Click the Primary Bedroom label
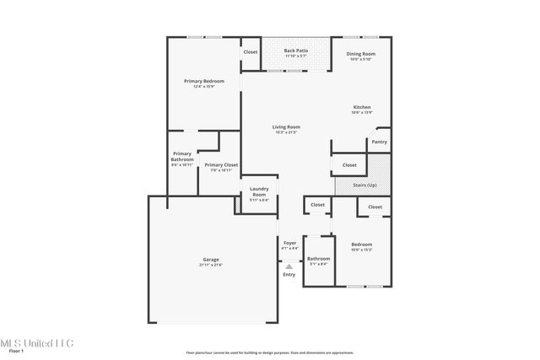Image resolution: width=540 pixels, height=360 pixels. pyautogui.click(x=203, y=81)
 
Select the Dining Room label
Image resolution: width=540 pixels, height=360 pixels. pyautogui.click(x=361, y=54)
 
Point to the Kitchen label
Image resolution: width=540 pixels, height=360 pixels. pyautogui.click(x=361, y=107)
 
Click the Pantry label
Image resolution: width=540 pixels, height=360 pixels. pyautogui.click(x=380, y=142)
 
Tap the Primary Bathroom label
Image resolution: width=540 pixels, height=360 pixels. pyautogui.click(x=182, y=157)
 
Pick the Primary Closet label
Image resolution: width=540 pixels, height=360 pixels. pyautogui.click(x=221, y=164)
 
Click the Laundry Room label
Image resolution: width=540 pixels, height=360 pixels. pyautogui.click(x=259, y=192)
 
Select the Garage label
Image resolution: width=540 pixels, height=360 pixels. pyautogui.click(x=211, y=260)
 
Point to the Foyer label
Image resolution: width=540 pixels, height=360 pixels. pyautogui.click(x=289, y=243)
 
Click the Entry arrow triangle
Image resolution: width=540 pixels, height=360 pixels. pyautogui.click(x=289, y=266)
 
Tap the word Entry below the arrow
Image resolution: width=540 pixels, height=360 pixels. pyautogui.click(x=289, y=275)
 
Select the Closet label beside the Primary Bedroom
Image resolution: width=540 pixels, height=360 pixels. pyautogui.click(x=251, y=52)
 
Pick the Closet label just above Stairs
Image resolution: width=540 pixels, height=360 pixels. pyautogui.click(x=349, y=165)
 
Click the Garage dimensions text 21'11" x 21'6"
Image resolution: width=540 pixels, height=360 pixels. pyautogui.click(x=211, y=266)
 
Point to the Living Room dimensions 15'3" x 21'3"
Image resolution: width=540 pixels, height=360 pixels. pyautogui.click(x=286, y=132)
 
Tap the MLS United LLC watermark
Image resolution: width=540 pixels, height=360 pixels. pyautogui.click(x=37, y=343)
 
